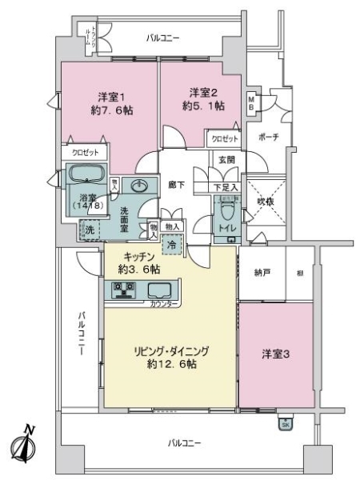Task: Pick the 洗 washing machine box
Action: click(x=90, y=230)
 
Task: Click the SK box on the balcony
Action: click(x=285, y=425)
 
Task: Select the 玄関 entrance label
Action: click(x=226, y=160)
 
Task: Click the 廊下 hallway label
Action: click(x=177, y=186)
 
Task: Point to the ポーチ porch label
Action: click(x=269, y=137)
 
